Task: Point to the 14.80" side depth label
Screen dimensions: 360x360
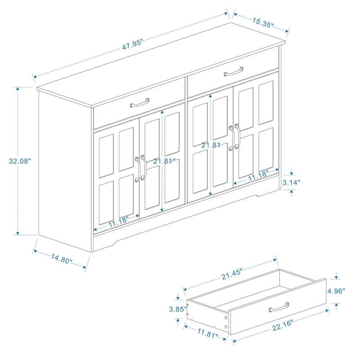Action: [62, 259]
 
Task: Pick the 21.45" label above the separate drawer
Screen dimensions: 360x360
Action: [232, 272]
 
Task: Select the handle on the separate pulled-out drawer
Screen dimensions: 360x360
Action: [279, 308]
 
